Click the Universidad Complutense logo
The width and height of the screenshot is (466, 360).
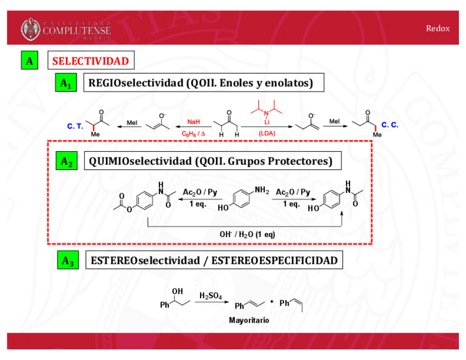(x=66, y=29)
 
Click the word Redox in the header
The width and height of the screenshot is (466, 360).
(x=437, y=29)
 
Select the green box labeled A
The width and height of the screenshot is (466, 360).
(x=29, y=60)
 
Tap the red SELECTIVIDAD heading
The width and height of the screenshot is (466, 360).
(x=91, y=61)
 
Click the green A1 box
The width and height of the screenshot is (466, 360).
(x=66, y=84)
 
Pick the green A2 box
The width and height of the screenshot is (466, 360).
(x=66, y=162)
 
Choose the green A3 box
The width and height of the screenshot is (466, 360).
(x=67, y=261)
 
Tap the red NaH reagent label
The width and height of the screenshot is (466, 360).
(x=193, y=122)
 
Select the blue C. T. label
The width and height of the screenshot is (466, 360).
(x=75, y=126)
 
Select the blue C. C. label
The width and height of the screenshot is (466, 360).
(x=390, y=125)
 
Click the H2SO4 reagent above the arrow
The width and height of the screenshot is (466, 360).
(x=211, y=296)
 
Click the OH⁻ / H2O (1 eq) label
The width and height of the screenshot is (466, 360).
(x=247, y=234)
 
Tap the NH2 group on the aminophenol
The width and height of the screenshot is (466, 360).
(x=262, y=191)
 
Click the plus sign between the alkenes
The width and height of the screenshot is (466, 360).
(x=271, y=302)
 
